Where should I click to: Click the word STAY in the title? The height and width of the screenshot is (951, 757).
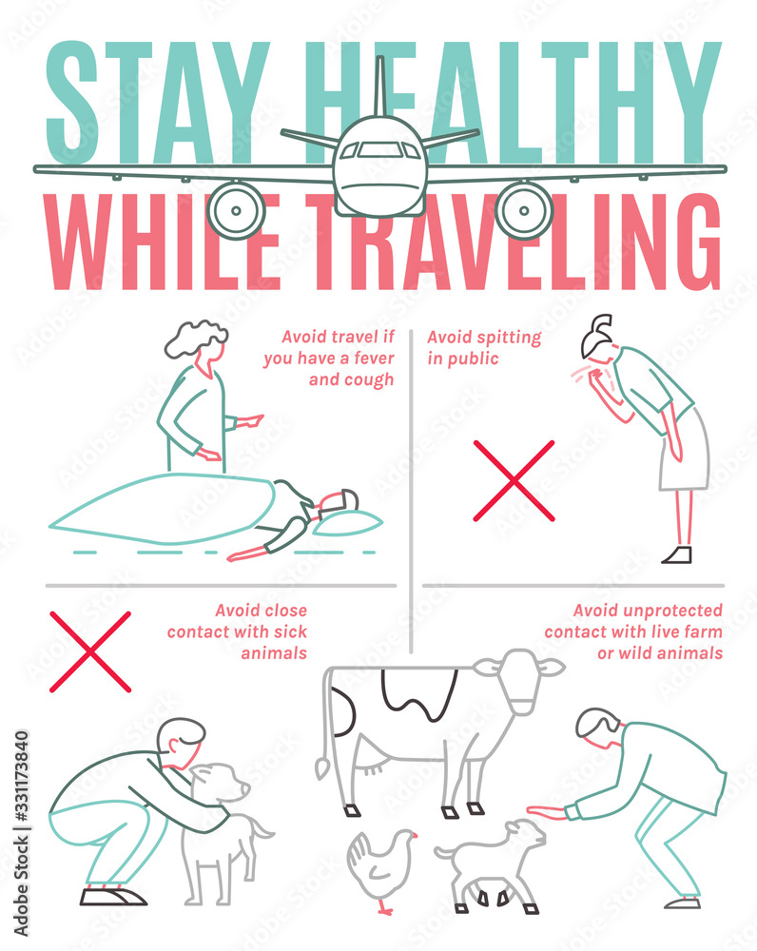coord(158,103)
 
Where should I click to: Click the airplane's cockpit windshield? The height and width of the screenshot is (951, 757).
coord(379,149)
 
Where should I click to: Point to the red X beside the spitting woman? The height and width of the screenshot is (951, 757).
coord(514,480)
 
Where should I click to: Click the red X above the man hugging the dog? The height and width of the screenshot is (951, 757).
coord(90,652)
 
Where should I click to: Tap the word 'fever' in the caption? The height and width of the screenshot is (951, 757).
coord(375,359)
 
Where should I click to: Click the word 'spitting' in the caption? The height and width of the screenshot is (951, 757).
coord(510,338)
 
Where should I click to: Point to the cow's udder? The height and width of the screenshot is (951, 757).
coord(371,766)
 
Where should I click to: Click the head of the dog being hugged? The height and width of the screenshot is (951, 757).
coord(220,783)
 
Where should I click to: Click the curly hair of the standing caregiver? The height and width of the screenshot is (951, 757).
coord(195,338)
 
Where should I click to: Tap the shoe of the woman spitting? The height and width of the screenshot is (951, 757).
coord(677,554)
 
